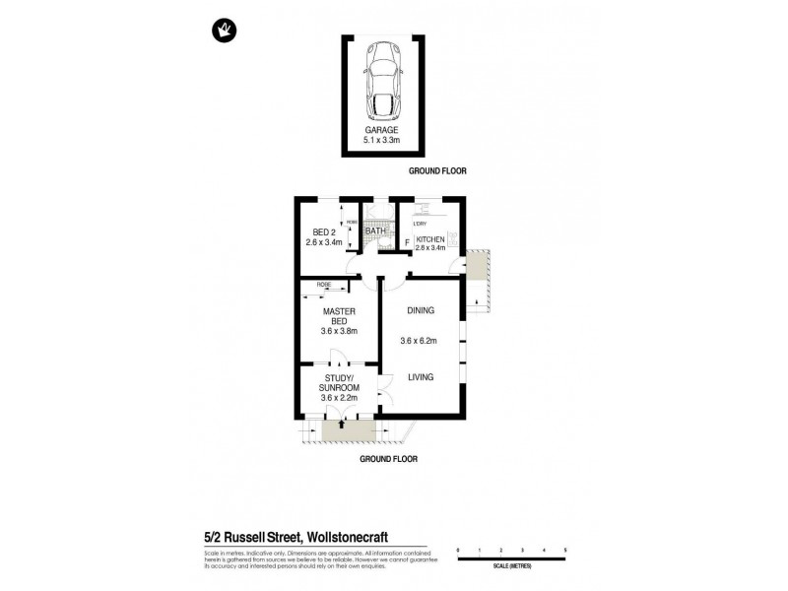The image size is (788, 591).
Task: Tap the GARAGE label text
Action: pos(383,129)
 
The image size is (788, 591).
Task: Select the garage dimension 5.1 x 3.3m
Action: pos(383,140)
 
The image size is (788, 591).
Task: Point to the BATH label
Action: pos(375,230)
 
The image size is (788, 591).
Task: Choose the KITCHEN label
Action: pos(430,239)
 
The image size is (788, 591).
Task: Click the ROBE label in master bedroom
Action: pos(323,286)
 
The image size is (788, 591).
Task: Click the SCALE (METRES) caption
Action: pos(511,564)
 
